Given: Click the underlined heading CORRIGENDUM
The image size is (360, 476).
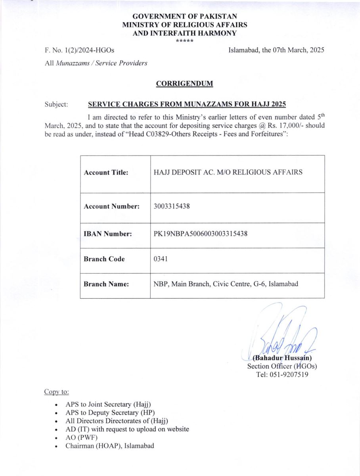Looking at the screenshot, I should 184,84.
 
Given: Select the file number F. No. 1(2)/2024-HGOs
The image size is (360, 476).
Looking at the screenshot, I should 79,50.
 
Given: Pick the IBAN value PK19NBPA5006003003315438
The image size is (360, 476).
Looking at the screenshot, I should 201,234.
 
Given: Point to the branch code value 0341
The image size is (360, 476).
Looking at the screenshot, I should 161,259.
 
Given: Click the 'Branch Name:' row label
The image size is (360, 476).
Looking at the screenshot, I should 106,284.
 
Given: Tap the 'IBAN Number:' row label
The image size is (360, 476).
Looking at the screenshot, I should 108,234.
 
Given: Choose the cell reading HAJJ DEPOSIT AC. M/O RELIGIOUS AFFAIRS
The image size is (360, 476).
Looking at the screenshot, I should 228,173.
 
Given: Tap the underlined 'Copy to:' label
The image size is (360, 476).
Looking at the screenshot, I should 56,392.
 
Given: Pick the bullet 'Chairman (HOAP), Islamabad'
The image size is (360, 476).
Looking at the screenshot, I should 110,446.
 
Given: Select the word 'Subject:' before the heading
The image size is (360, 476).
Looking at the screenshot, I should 57,105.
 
